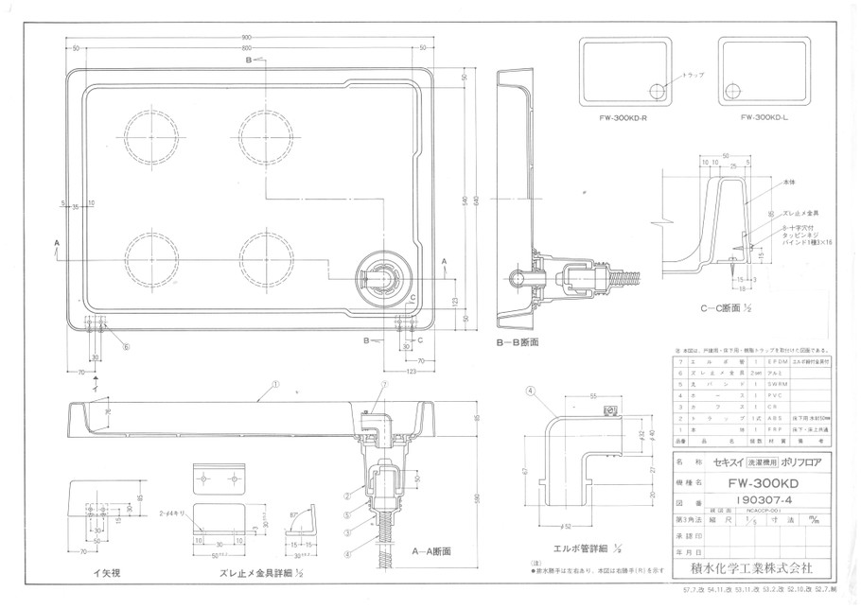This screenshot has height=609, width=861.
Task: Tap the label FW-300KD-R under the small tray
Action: point(623,118)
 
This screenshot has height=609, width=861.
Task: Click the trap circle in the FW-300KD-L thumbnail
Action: point(733,91)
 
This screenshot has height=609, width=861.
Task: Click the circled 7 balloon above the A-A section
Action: point(384,386)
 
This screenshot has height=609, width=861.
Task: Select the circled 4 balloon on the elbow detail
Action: point(533,390)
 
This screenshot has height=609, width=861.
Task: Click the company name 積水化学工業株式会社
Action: point(756,569)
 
